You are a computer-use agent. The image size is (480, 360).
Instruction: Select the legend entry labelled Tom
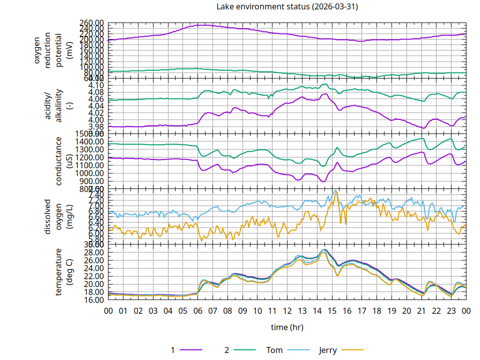pos(274,350)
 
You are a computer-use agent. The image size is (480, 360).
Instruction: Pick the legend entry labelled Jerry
pos(328,350)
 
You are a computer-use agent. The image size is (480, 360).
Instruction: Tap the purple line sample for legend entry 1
pos(190,350)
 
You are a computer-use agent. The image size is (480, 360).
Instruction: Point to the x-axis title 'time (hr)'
pos(287,327)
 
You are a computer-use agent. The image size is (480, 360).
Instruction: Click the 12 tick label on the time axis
pos(287,310)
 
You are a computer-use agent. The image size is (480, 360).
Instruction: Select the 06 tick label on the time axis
pos(198,310)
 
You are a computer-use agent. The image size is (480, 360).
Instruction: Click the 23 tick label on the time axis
pos(451,310)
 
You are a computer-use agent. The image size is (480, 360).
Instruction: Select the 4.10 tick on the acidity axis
pos(96,85)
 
